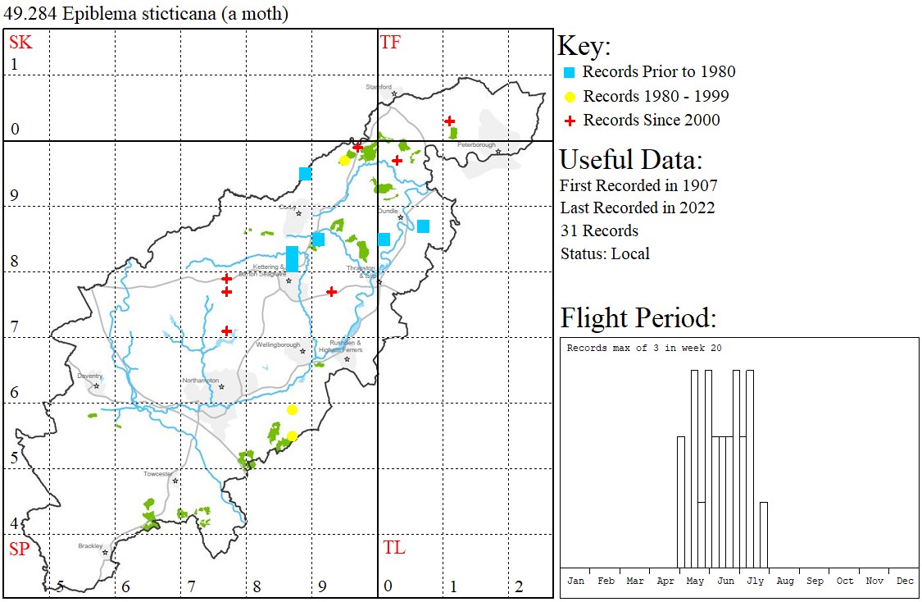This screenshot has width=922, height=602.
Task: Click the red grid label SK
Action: (x=20, y=43)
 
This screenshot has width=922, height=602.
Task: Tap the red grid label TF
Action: (x=391, y=43)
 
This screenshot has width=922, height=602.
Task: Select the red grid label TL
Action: (x=393, y=548)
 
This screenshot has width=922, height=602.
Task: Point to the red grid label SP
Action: (x=19, y=550)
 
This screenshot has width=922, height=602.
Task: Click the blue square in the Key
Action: (x=570, y=72)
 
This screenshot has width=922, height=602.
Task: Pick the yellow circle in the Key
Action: (x=570, y=97)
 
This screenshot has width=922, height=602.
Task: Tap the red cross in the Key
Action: (x=570, y=121)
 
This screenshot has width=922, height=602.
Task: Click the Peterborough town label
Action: (x=476, y=145)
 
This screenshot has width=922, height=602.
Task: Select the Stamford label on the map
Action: (x=379, y=87)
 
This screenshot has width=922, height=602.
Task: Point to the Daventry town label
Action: (x=89, y=376)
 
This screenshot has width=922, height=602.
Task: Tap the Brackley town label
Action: (x=90, y=545)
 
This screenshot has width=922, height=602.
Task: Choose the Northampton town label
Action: (x=202, y=381)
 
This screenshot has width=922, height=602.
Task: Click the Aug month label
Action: (x=785, y=581)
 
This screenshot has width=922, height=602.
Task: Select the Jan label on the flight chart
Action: (x=576, y=581)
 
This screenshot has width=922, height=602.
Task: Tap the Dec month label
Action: (x=905, y=581)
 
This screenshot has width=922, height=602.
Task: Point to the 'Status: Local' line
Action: (x=605, y=253)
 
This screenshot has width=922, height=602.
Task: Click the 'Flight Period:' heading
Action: (x=638, y=317)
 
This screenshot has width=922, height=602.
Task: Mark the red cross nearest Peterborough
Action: (x=450, y=121)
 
